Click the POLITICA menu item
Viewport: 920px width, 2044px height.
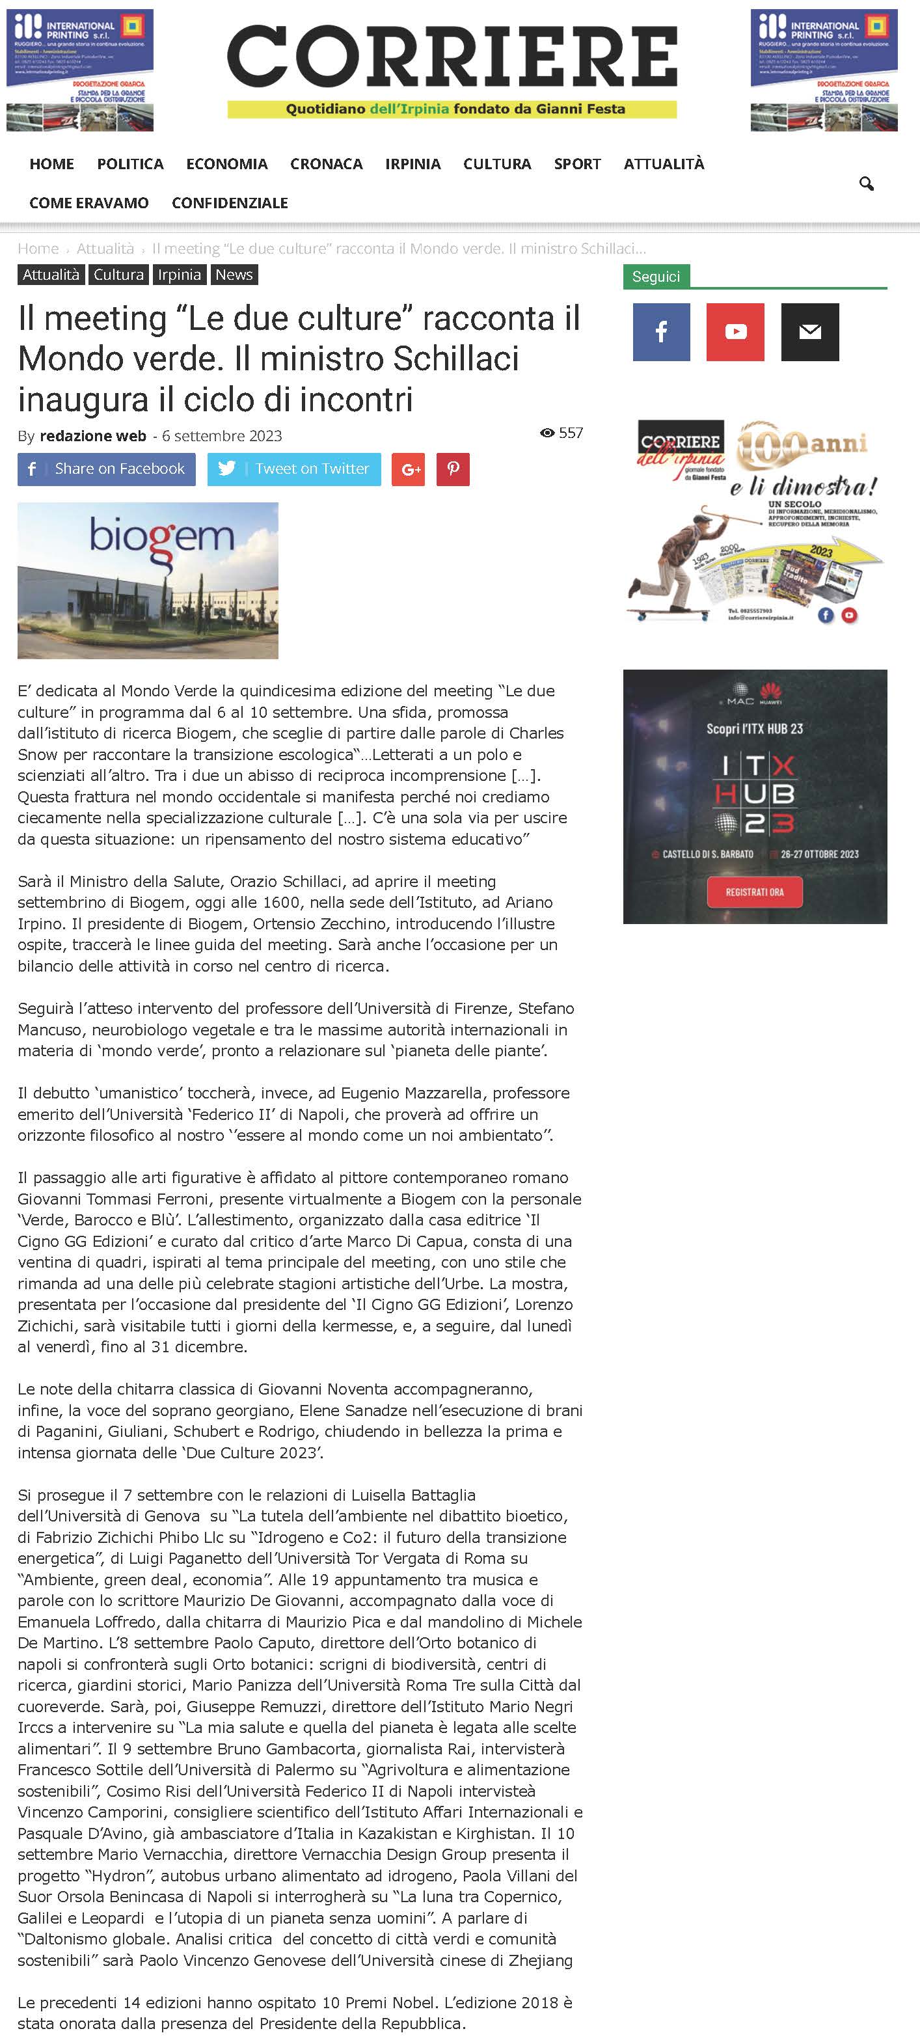[x=130, y=164]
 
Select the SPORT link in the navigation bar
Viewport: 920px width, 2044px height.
[x=576, y=164]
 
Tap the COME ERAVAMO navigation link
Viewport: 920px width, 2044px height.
[x=89, y=203]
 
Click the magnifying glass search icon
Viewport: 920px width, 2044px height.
[x=866, y=184]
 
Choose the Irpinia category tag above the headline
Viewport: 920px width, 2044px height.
[x=179, y=275]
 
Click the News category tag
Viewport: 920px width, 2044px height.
[x=234, y=275]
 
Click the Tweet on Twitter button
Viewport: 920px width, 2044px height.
[x=294, y=469]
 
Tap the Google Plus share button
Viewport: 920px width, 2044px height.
[x=409, y=469]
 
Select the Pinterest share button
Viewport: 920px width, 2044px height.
[x=453, y=469]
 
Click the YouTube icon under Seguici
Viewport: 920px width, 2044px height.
[x=735, y=332]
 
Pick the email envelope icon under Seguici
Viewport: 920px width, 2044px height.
[x=810, y=332]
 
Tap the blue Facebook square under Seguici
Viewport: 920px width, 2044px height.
[x=662, y=332]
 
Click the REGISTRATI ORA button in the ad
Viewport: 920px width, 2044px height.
[x=754, y=892]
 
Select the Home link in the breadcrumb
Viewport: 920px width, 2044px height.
[x=38, y=249]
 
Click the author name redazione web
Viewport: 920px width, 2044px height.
[x=93, y=435]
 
